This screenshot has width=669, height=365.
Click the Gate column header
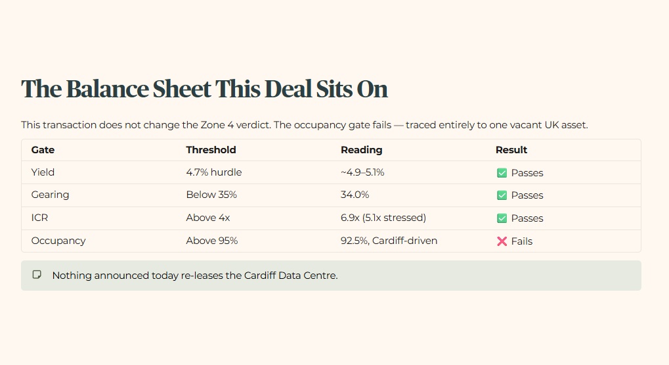[x=43, y=150]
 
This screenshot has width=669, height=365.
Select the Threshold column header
[x=211, y=150]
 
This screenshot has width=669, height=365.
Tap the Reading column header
[x=361, y=150]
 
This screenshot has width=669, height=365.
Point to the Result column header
[x=511, y=150]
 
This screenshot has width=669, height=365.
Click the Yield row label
[x=43, y=172]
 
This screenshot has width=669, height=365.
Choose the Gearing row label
[x=50, y=195]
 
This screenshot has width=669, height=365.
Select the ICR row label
[x=39, y=218]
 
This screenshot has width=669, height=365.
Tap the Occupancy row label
[x=58, y=241]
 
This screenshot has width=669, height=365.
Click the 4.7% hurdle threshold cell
[x=214, y=172]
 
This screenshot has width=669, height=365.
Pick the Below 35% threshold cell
[x=211, y=195]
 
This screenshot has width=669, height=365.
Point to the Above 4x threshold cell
[x=207, y=218]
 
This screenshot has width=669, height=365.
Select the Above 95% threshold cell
[x=211, y=241]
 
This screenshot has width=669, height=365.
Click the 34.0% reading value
[x=355, y=195]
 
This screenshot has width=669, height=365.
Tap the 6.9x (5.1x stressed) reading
[x=383, y=218]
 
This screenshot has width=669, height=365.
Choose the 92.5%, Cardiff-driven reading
[x=389, y=241]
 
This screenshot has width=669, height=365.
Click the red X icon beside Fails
[x=502, y=241]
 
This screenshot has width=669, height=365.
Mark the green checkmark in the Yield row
[x=502, y=173]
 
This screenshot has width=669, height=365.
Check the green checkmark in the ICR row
[x=502, y=218]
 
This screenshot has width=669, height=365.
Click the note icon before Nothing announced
[x=37, y=274]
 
